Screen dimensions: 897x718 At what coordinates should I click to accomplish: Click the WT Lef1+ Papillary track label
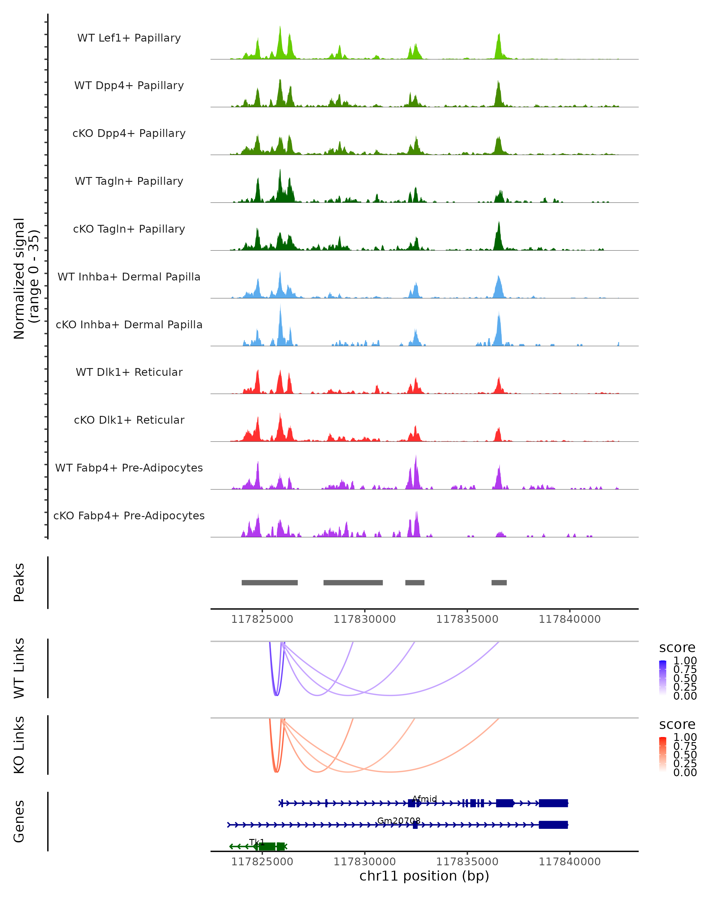click(129, 38)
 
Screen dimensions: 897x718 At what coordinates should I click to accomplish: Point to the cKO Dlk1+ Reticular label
click(129, 420)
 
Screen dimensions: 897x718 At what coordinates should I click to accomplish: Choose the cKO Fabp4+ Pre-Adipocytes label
click(129, 515)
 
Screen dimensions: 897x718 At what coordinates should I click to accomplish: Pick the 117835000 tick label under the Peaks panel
click(467, 620)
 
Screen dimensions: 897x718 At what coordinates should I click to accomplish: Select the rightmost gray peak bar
click(499, 582)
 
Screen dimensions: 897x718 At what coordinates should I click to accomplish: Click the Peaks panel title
click(19, 582)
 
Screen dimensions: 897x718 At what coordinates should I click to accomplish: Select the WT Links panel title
click(19, 668)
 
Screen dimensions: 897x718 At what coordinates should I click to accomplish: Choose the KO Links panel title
click(19, 745)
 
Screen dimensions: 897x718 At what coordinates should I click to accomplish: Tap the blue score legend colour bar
click(663, 678)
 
